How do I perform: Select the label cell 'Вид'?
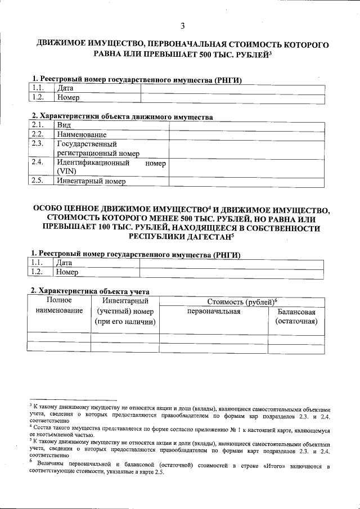pyautogui.click(x=64, y=125)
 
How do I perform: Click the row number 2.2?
pyautogui.click(x=38, y=134)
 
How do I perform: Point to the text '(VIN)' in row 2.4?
pyautogui.click(x=66, y=172)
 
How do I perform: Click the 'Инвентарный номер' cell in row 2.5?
pyautogui.click(x=91, y=181)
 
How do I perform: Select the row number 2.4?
pyautogui.click(x=38, y=163)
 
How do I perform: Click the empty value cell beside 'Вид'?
pyautogui.click(x=246, y=125)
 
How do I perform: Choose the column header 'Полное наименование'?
pyautogui.click(x=55, y=306)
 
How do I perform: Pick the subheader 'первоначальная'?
pyautogui.click(x=214, y=311)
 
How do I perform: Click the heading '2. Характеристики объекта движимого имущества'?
pyautogui.click(x=121, y=117)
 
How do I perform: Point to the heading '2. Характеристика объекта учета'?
pyautogui.click(x=90, y=291)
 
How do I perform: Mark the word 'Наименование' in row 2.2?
pyautogui.click(x=82, y=134)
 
